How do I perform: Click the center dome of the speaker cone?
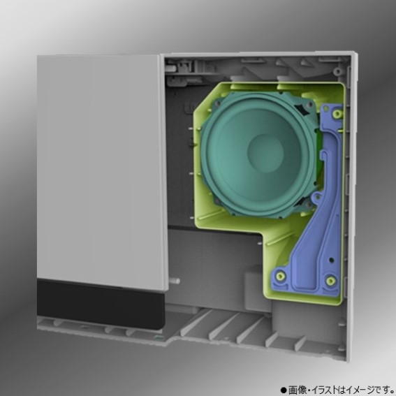[x=265, y=153]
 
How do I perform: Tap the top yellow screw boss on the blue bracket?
[x=337, y=114]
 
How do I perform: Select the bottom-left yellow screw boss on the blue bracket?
[x=281, y=276]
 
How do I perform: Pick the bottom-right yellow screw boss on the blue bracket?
[x=330, y=281]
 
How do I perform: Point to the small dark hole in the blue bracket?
[x=332, y=260]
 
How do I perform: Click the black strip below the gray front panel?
[x=101, y=304]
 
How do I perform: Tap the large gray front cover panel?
[x=101, y=172]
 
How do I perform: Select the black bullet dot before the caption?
[x=284, y=390]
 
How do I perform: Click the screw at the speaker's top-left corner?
[x=217, y=103]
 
